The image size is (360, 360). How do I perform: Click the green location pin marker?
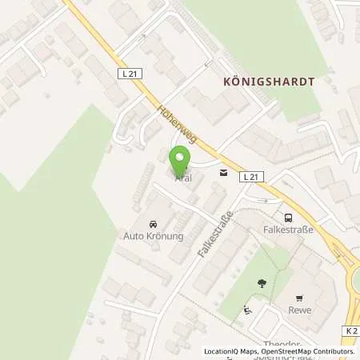(x=180, y=160)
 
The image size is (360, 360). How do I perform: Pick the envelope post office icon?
(x=223, y=173)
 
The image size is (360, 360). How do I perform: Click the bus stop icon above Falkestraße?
(x=287, y=217)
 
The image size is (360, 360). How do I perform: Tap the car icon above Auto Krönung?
(x=153, y=226)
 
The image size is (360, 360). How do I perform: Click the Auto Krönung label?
(x=154, y=237)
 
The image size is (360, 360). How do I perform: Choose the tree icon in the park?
(x=262, y=282)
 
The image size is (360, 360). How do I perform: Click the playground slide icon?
(x=247, y=310)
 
